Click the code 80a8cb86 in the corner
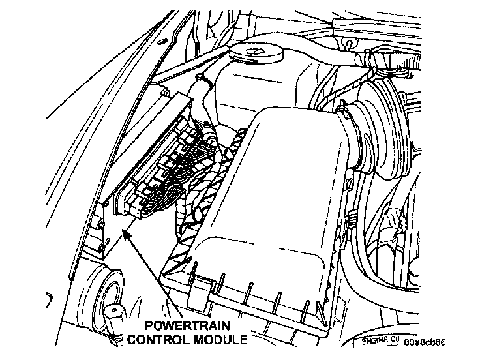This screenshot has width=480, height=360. coord(425,341)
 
